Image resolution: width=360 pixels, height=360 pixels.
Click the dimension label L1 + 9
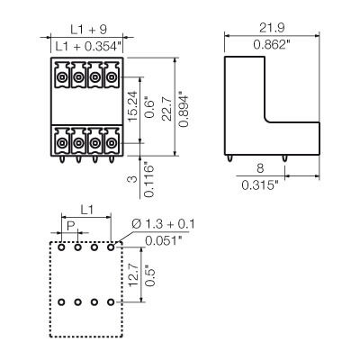pos(84,27)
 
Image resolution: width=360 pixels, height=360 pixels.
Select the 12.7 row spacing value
pos(132,274)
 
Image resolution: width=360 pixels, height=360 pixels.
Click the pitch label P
pos(69,225)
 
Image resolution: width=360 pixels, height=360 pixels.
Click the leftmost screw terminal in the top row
pos(62,79)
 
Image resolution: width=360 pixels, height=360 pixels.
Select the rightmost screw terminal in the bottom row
pos(111,141)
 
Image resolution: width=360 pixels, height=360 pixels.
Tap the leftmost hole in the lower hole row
pos(61,303)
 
